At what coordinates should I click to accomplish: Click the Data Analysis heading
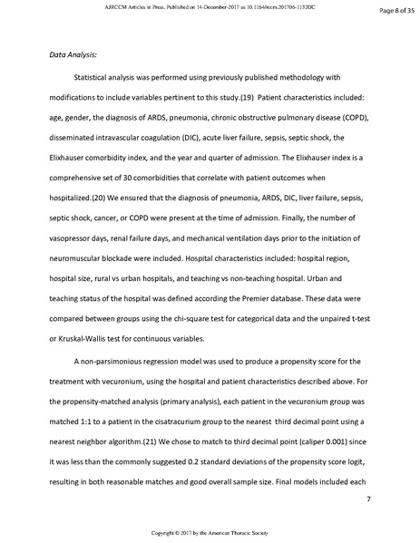click(x=73, y=54)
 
